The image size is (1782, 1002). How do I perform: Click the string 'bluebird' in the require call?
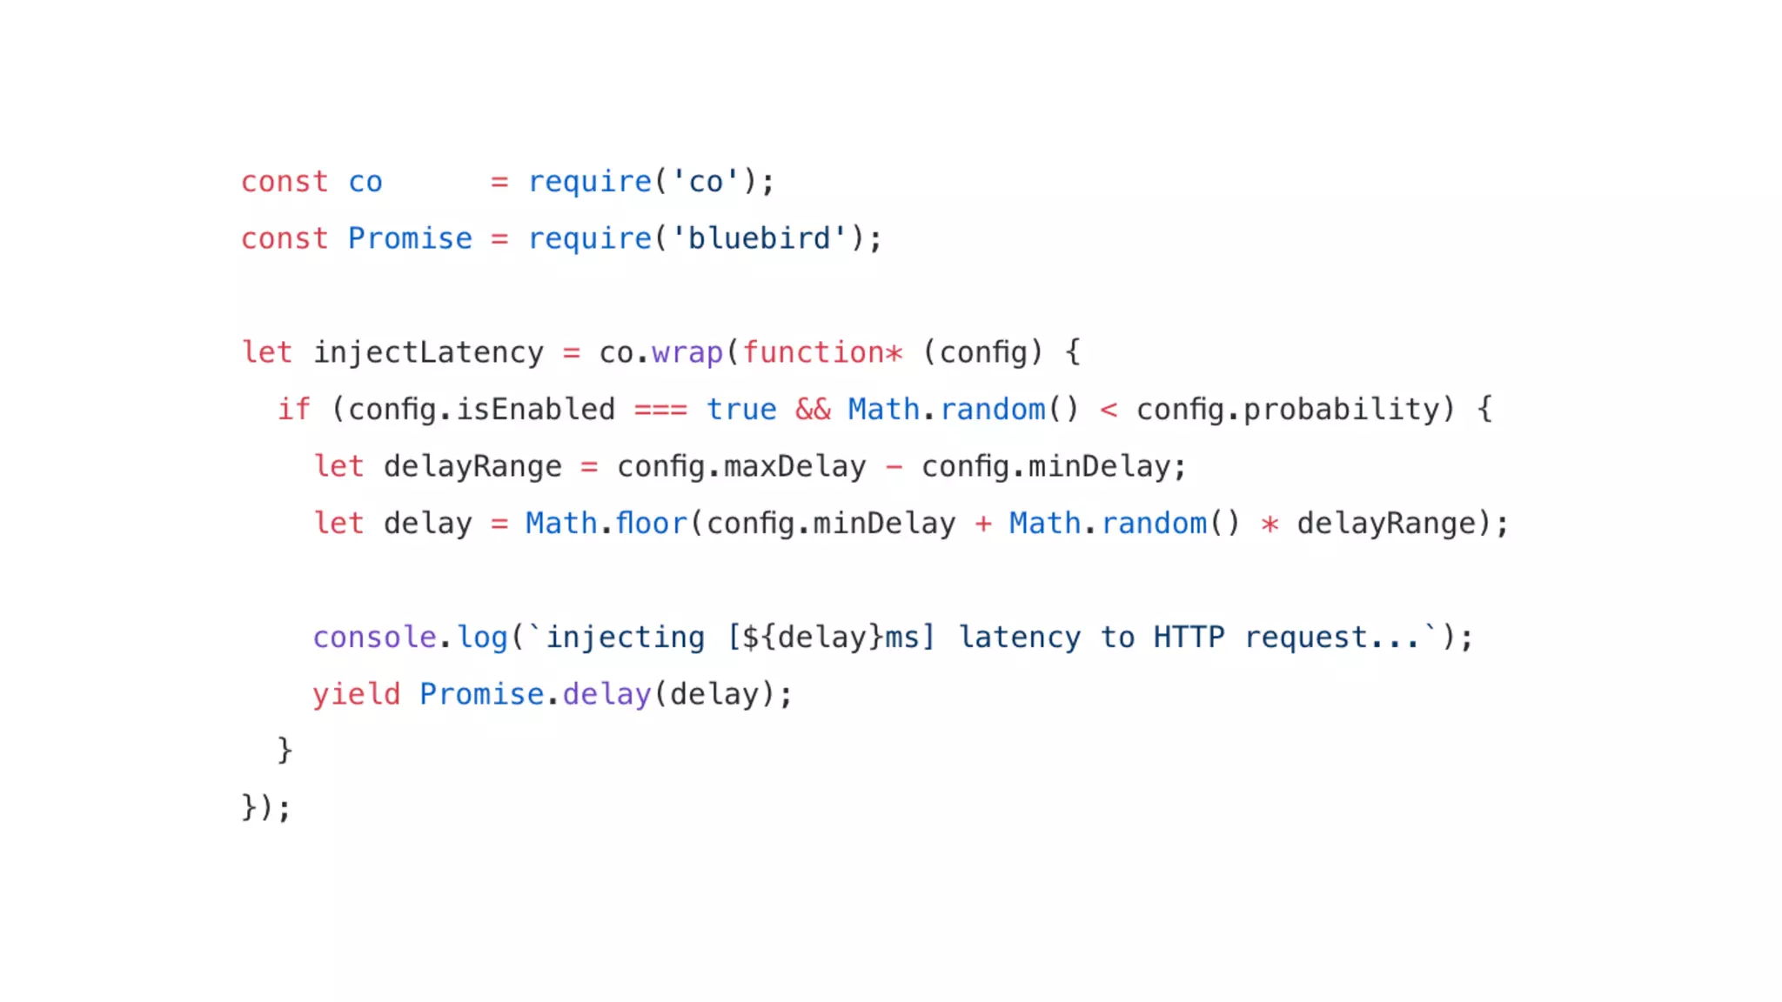tap(759, 238)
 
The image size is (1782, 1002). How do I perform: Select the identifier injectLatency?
tap(428, 352)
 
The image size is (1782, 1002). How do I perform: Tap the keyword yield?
tap(356, 694)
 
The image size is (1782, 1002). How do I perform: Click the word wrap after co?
tap(687, 352)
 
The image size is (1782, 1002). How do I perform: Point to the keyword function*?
tap(821, 352)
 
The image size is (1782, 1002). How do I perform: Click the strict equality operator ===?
tap(660, 410)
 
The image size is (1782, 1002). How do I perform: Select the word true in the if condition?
tap(741, 410)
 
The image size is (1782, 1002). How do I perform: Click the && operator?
tap(813, 410)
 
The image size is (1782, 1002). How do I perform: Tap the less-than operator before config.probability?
tap(1109, 410)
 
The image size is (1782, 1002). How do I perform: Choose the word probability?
tap(1341, 410)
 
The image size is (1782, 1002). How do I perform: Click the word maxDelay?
tap(794, 467)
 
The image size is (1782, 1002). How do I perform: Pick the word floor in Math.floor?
tap(651, 524)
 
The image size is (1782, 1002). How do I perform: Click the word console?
tap(374, 638)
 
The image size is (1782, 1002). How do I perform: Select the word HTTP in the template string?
tap(1189, 638)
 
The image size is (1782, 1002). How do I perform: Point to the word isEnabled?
tap(535, 410)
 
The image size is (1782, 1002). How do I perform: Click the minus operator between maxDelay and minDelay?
tap(894, 467)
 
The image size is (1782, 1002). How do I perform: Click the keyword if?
tap(294, 410)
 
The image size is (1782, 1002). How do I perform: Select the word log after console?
tap(482, 638)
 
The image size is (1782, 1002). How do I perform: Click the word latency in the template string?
tap(1019, 638)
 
